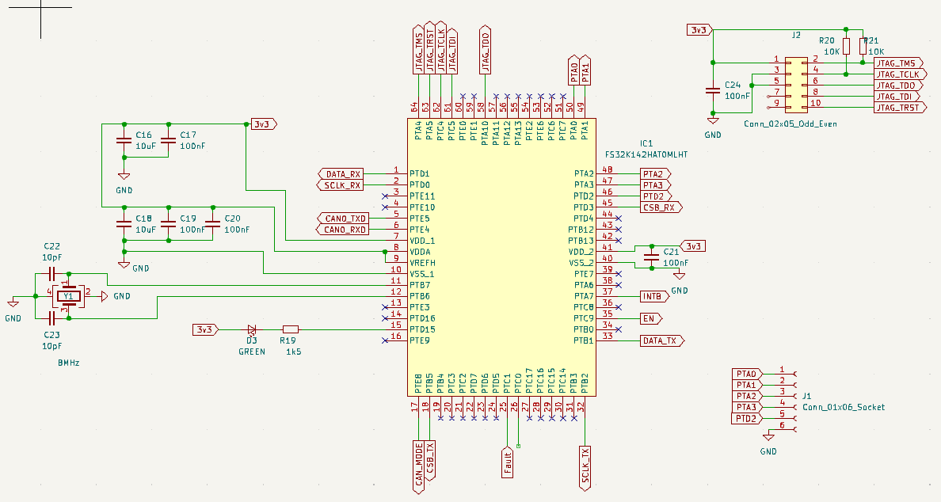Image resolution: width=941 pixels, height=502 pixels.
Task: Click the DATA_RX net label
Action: coord(341,173)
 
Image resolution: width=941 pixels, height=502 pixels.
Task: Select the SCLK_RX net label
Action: coord(341,185)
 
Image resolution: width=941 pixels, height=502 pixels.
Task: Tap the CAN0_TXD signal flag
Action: coord(344,218)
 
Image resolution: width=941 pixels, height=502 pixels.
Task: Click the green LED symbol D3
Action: coord(252,329)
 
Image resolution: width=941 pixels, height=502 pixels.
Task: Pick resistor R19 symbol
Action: coord(291,329)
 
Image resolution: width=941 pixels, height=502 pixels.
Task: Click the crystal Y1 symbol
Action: coord(69,296)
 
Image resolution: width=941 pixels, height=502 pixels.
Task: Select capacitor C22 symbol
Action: coord(51,274)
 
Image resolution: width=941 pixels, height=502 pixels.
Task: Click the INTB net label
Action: coord(653,296)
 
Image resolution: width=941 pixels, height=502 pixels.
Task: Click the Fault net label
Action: coord(507,462)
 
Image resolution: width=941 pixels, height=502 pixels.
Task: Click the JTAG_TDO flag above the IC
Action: coord(485,49)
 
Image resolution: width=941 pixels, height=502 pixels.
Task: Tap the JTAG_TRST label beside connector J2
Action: coord(898,108)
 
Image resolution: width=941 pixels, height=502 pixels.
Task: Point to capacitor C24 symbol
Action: coord(713,91)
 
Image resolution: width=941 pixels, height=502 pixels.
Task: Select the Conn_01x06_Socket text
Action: coord(844,407)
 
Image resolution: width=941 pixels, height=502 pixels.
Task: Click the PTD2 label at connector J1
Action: coord(745,418)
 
